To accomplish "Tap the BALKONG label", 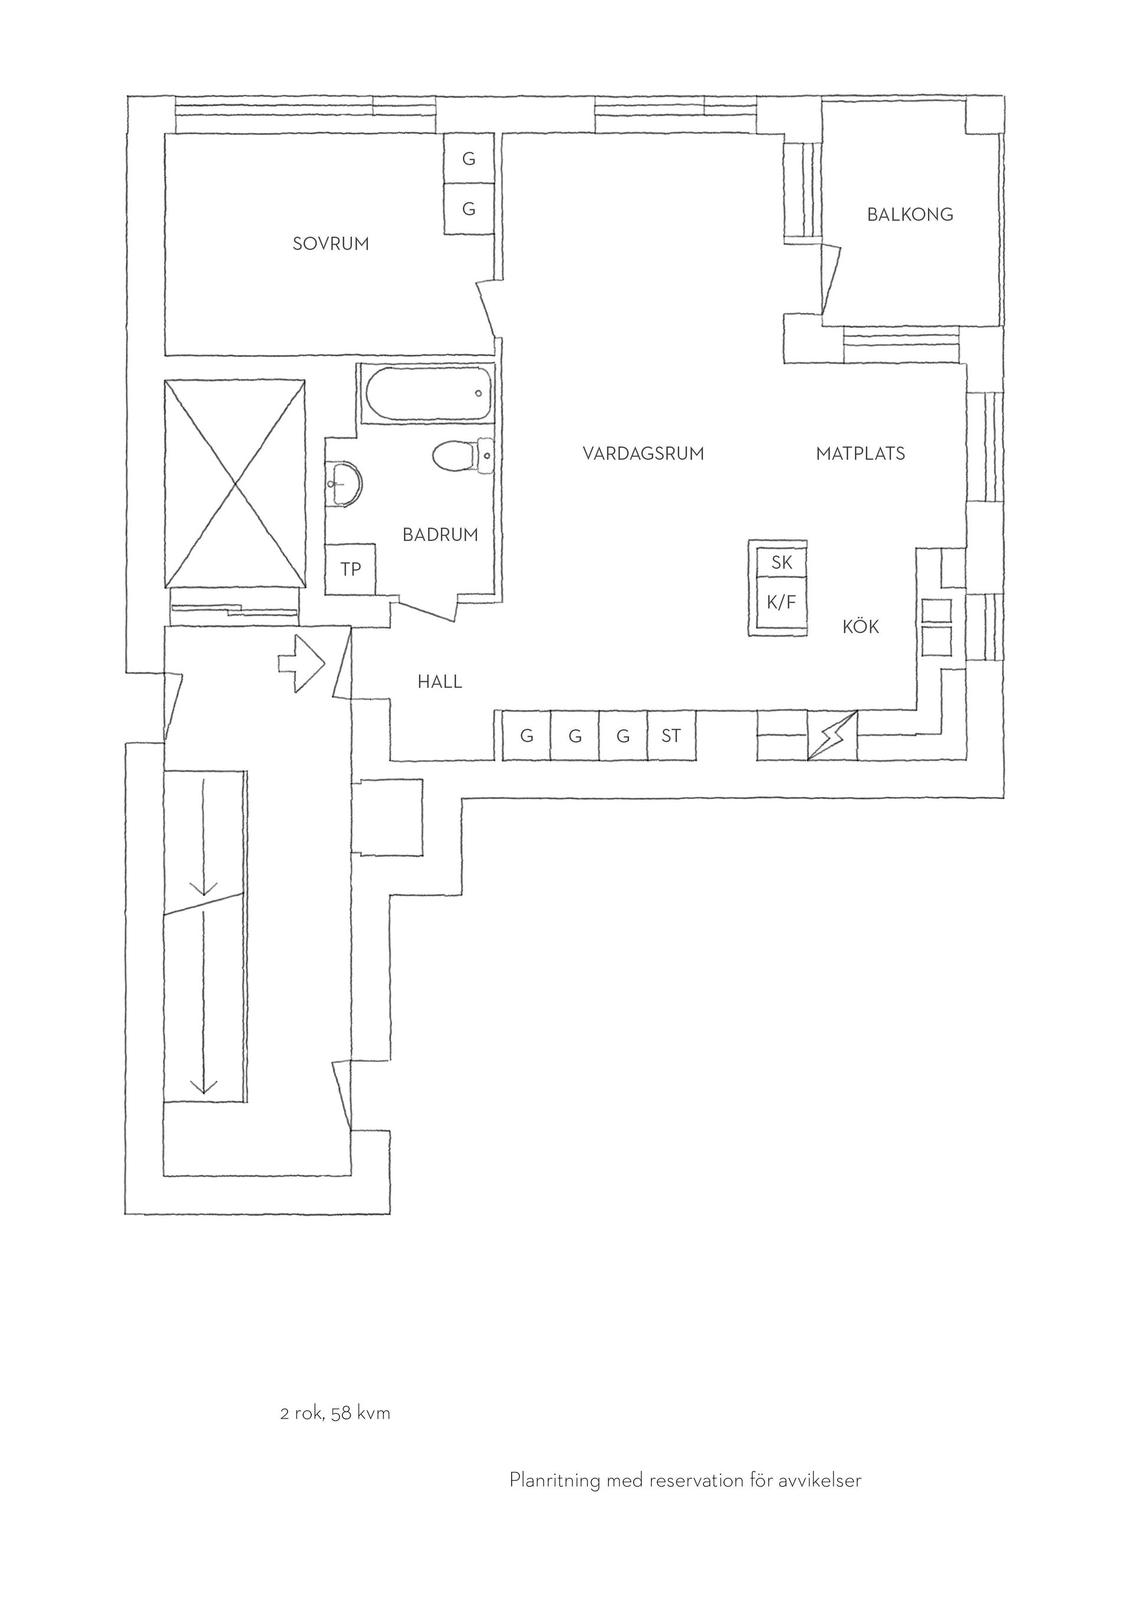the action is click(910, 215).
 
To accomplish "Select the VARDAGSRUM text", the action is click(643, 454).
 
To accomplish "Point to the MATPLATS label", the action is click(860, 454).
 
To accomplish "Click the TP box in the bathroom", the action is click(351, 569).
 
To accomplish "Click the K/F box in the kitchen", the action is click(781, 602).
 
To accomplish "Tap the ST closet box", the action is click(672, 735).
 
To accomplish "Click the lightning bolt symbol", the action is click(832, 736).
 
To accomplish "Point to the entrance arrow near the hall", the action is click(302, 663).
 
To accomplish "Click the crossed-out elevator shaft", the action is click(235, 484).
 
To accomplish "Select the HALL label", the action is click(440, 681).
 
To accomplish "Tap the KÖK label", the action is click(861, 626).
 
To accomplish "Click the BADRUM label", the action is click(440, 535).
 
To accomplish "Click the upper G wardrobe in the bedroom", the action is click(469, 159).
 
